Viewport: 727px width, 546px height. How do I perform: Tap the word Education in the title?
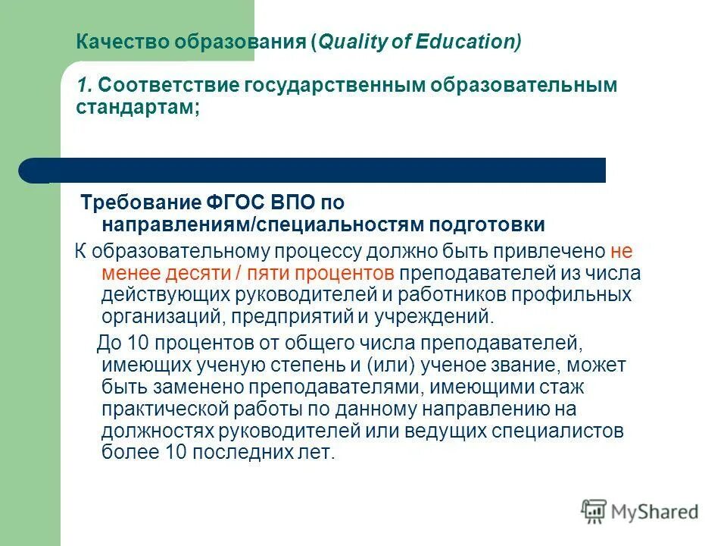click(468, 42)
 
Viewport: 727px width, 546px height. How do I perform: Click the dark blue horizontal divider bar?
click(318, 170)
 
